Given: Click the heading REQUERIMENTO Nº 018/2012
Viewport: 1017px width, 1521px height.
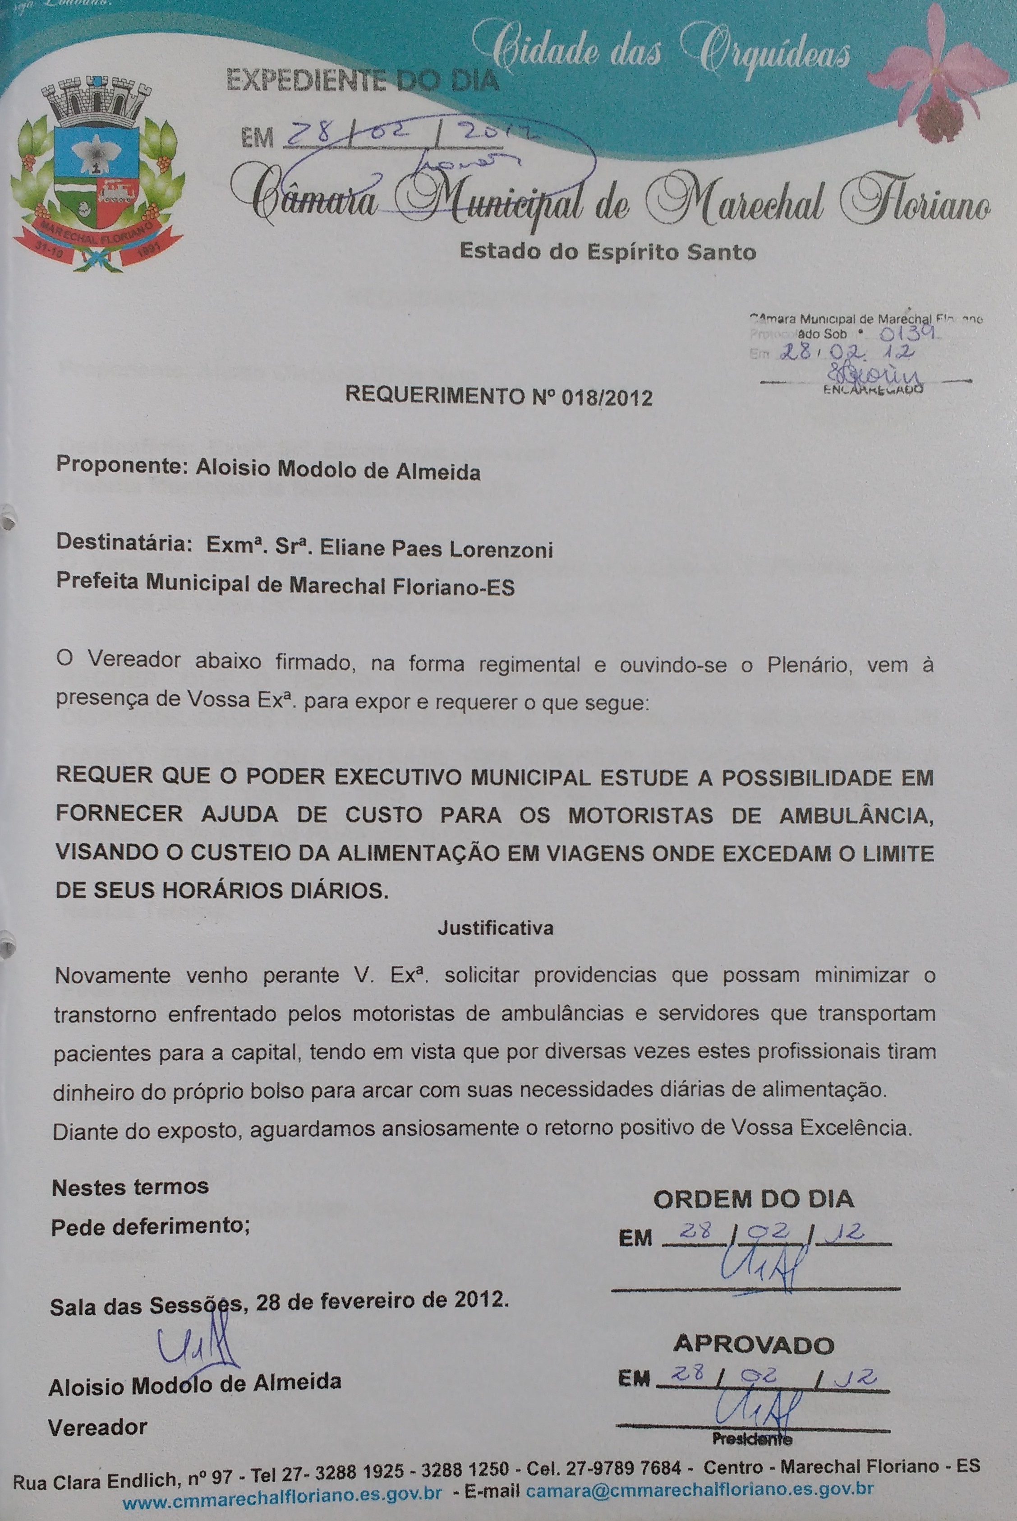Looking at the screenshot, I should click(x=498, y=395).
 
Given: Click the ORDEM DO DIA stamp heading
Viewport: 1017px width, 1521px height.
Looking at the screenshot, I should click(x=753, y=1199).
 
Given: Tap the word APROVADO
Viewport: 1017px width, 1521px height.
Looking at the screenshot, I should click(x=754, y=1345).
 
